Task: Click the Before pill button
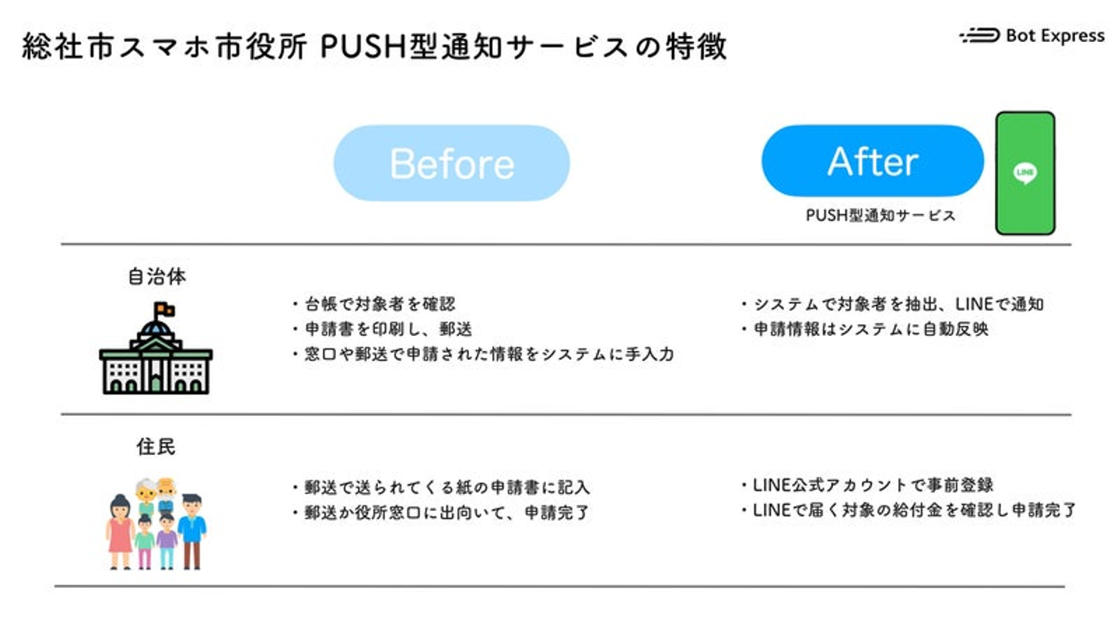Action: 451,163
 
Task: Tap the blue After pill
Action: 872,161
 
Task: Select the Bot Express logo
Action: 1031,36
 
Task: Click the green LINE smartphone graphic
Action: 1025,173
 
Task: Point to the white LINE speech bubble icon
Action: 1025,173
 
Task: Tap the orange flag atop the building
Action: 164,310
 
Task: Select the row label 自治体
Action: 156,277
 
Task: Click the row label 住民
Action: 156,447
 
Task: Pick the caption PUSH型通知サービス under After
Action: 880,216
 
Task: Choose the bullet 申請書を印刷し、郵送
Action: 385,329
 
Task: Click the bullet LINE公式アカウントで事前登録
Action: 868,485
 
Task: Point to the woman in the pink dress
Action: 121,530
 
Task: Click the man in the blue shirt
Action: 191,529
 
